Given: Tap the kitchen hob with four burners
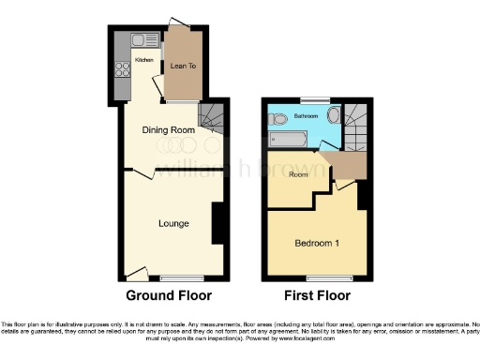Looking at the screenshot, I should click(121, 68).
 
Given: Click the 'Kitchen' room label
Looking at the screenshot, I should click(143, 60).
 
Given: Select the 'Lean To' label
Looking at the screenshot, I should click(182, 67).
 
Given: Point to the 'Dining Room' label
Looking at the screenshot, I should click(168, 129).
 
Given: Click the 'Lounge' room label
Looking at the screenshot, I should click(173, 223).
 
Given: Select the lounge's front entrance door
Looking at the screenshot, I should click(137, 274).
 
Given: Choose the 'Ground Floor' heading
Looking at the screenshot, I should click(169, 296).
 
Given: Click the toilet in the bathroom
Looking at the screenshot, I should click(277, 119).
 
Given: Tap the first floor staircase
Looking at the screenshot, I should click(356, 127).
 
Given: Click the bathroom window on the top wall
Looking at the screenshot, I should click(314, 99).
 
